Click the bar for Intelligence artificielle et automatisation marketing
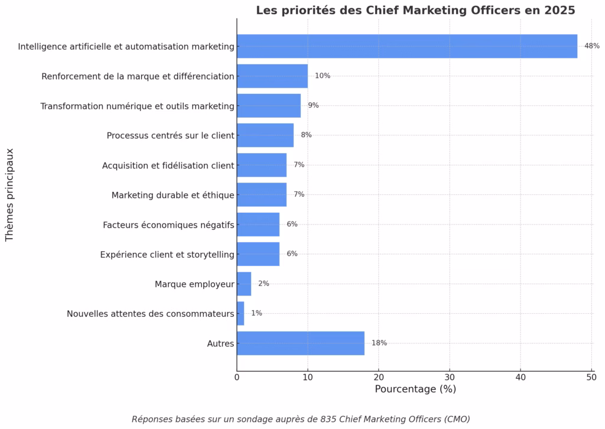pyautogui.click(x=406, y=46)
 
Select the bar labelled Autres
pyautogui.click(x=300, y=343)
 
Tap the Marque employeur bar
pyautogui.click(x=244, y=284)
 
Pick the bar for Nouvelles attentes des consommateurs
pyautogui.click(x=240, y=313)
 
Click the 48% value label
pyautogui.click(x=591, y=46)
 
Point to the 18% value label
pyautogui.click(x=379, y=343)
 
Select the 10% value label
pyautogui.click(x=322, y=76)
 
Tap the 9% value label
pyautogui.click(x=313, y=105)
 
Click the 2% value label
pyautogui.click(x=264, y=284)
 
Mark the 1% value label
pyautogui.click(x=256, y=313)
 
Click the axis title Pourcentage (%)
pyautogui.click(x=415, y=389)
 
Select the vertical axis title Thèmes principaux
pyautogui.click(x=9, y=194)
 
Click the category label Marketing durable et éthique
pyautogui.click(x=173, y=195)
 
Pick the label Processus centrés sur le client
pyautogui.click(x=170, y=135)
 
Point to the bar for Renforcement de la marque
pyautogui.click(x=272, y=76)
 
